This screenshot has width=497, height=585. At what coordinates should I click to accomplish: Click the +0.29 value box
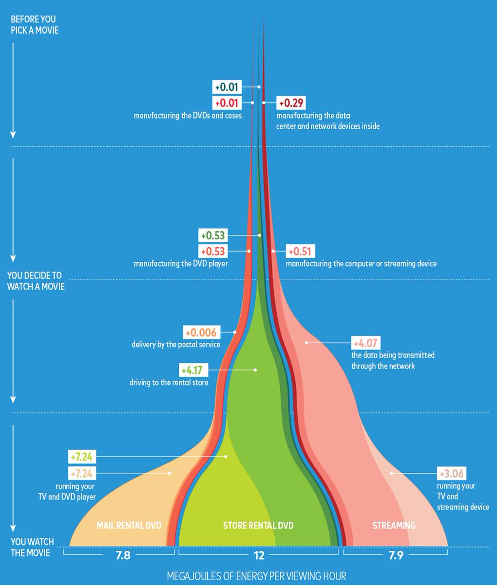pyautogui.click(x=291, y=103)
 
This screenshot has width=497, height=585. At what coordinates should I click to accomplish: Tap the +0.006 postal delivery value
pyautogui.click(x=202, y=332)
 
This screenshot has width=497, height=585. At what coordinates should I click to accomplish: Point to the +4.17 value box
pyautogui.click(x=191, y=370)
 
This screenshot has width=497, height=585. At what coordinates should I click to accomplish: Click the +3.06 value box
pyautogui.click(x=451, y=473)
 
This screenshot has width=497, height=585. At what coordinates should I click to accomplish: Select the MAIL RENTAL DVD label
pyautogui.click(x=129, y=526)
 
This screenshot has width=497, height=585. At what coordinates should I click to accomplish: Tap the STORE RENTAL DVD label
pyautogui.click(x=258, y=526)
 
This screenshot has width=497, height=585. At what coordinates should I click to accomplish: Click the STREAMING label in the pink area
pyautogui.click(x=394, y=526)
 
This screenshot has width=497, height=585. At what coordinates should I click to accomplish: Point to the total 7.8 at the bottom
pyautogui.click(x=123, y=555)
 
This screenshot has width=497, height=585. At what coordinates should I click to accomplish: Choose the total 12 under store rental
pyautogui.click(x=259, y=555)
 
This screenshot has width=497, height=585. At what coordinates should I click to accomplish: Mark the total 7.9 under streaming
pyautogui.click(x=396, y=555)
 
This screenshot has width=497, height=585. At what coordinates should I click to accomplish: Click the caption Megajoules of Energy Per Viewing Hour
pyautogui.click(x=256, y=576)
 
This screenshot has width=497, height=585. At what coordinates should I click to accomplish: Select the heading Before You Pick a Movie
pyautogui.click(x=33, y=24)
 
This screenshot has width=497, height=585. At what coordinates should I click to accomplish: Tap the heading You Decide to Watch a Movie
pyautogui.click(x=36, y=281)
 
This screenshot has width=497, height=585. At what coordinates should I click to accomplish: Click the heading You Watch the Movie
pyautogui.click(x=32, y=547)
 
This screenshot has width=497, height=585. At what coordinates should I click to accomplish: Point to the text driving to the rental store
pyautogui.click(x=169, y=383)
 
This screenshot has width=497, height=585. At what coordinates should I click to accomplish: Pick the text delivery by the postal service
pyautogui.click(x=176, y=345)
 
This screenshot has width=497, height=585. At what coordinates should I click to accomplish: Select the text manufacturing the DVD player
pyautogui.click(x=181, y=264)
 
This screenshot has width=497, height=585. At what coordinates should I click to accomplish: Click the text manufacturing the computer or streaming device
pyautogui.click(x=361, y=264)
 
